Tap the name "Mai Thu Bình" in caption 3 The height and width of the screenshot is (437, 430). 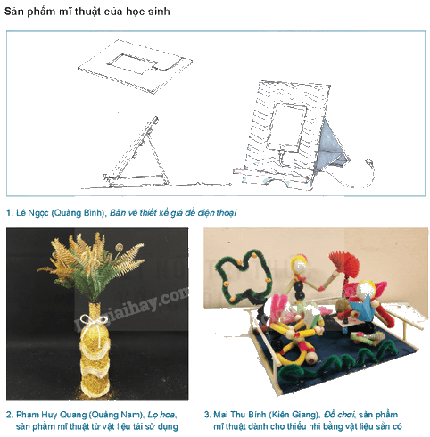[240, 415]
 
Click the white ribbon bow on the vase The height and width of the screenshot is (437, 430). [94, 320]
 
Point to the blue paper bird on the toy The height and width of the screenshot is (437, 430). [361, 309]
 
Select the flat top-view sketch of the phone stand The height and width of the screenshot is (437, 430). [136, 66]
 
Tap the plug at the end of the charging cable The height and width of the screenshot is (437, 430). [369, 162]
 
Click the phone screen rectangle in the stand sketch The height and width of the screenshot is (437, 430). [286, 128]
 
